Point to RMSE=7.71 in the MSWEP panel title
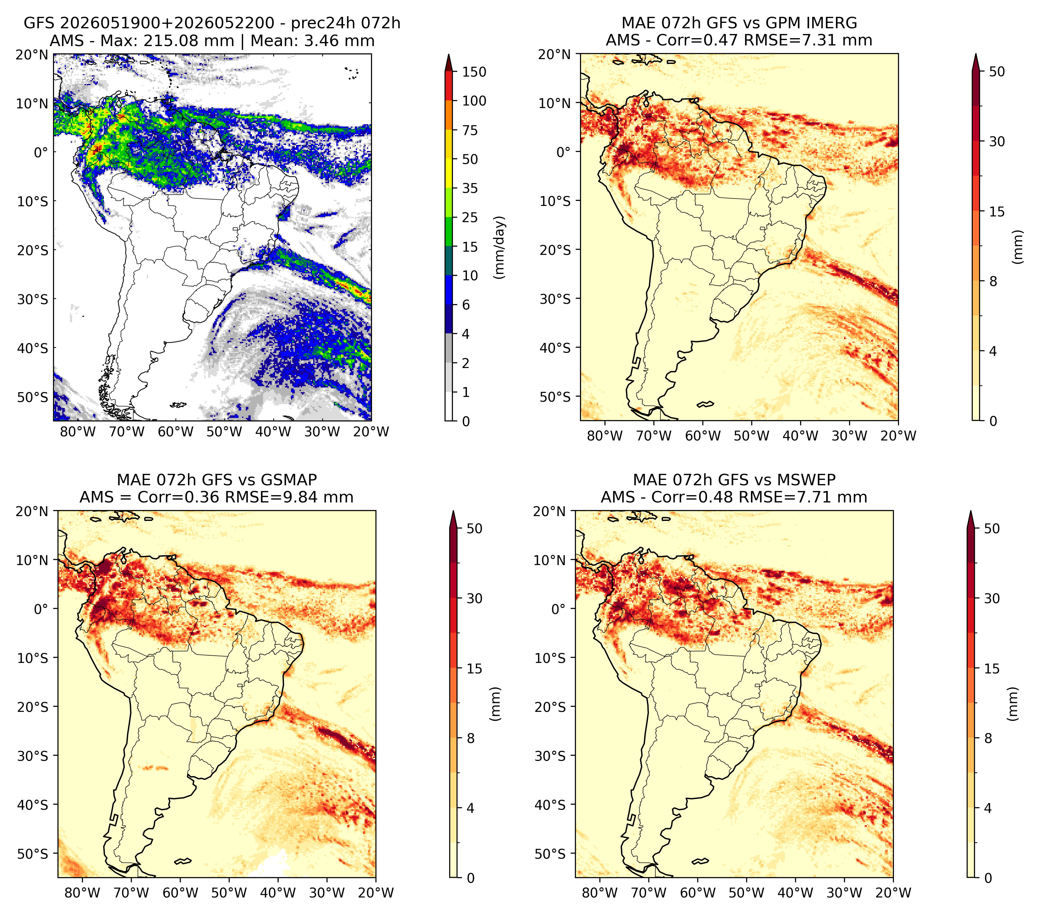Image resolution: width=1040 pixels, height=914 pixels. point(788,497)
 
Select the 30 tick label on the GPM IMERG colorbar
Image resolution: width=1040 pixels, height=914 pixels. point(997,141)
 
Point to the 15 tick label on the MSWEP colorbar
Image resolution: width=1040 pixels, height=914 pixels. point(992,669)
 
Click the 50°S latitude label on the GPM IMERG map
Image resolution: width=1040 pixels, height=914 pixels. point(556,396)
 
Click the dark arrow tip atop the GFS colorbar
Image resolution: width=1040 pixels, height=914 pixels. point(449,62)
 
